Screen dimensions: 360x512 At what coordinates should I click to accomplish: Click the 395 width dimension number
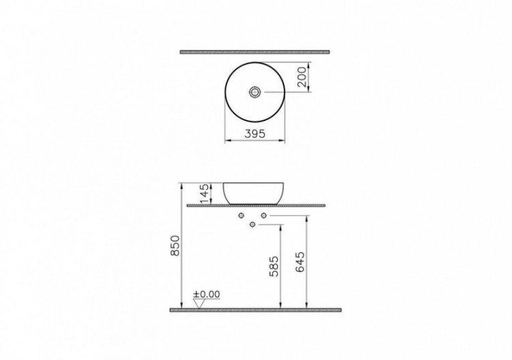(x=255, y=135)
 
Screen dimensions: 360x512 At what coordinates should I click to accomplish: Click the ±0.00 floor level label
(x=207, y=294)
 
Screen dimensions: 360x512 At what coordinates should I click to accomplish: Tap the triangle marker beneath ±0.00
(x=199, y=303)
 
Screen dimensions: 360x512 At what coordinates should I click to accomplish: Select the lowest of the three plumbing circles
(x=253, y=223)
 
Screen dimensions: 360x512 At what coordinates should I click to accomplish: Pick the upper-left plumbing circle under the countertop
(x=242, y=215)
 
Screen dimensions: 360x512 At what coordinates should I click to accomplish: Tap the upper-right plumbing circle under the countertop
(x=263, y=215)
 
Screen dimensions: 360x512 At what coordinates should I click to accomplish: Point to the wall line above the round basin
(x=255, y=51)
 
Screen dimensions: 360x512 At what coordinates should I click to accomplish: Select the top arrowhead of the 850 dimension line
(x=180, y=184)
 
